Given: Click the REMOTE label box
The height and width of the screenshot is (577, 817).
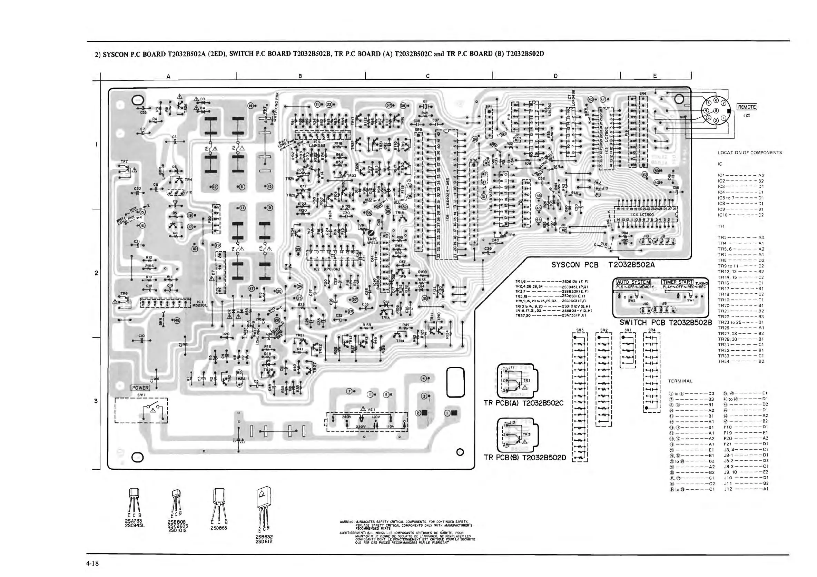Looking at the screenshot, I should click(747, 107).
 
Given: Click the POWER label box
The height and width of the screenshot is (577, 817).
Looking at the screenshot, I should click(140, 388).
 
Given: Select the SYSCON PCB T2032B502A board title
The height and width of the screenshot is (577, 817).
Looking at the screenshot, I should click(603, 265).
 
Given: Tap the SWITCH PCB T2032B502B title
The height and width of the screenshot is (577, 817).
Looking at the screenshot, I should click(666, 323).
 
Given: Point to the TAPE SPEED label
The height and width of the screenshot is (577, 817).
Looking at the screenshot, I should click(372, 241).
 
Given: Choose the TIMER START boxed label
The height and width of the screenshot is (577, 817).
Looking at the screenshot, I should click(677, 282).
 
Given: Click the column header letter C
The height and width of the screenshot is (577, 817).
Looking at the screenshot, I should click(428, 76).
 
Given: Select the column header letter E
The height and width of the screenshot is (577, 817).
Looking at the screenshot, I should click(655, 76).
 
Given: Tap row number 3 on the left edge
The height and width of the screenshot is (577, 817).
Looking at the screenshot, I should click(96, 401).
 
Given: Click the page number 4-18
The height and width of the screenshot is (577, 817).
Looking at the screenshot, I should click(92, 564).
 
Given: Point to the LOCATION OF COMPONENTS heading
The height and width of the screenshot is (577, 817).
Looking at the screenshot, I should click(749, 153).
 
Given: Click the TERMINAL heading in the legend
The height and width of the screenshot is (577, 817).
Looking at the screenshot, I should click(680, 381).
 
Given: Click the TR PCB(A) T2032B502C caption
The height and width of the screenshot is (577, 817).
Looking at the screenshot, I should click(523, 403).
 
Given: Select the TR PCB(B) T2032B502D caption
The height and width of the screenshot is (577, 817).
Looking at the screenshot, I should click(524, 458).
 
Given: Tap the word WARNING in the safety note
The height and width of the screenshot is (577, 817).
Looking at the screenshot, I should click(347, 522).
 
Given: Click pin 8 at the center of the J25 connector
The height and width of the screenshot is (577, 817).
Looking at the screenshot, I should click(715, 111).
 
